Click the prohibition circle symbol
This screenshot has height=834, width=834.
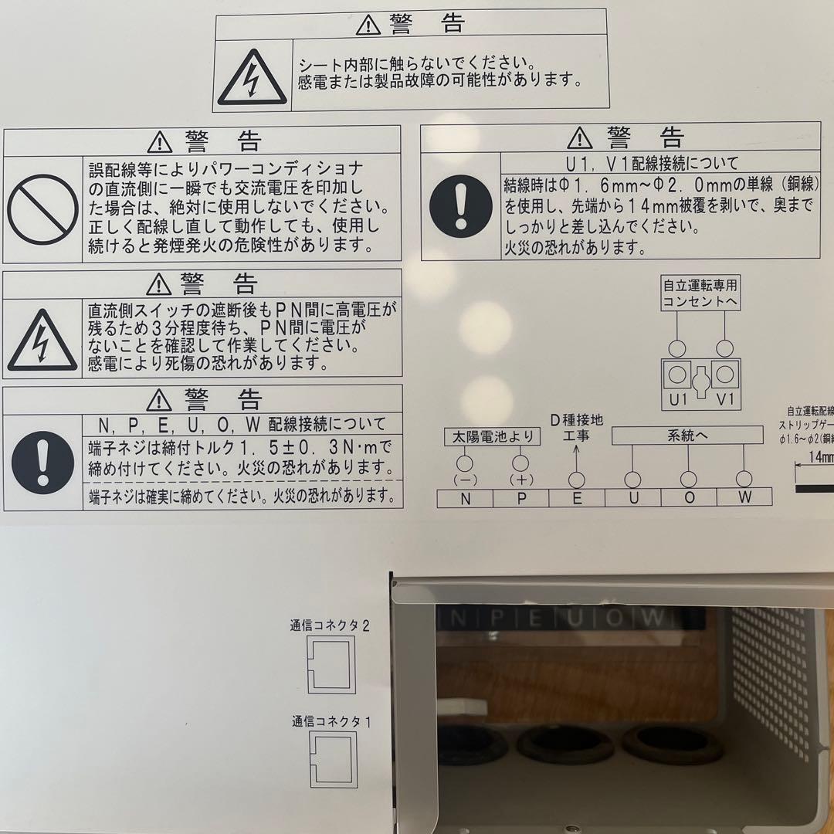tap(42, 209)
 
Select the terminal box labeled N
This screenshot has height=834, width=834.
tap(465, 498)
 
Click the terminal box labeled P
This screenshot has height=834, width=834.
tap(521, 498)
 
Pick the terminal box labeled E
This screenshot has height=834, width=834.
tap(577, 498)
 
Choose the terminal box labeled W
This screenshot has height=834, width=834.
tap(744, 498)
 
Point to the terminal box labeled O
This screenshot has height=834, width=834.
tap(689, 498)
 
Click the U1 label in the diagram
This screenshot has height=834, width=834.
tap(678, 399)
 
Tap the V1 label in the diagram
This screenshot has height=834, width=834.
tap(724, 399)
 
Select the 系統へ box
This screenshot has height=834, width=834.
tap(687, 436)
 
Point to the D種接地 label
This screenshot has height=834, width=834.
tap(576, 420)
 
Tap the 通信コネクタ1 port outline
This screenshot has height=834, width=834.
tap(334, 759)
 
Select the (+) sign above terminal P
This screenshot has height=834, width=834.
tap(521, 480)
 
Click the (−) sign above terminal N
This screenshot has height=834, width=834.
tap(465, 480)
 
